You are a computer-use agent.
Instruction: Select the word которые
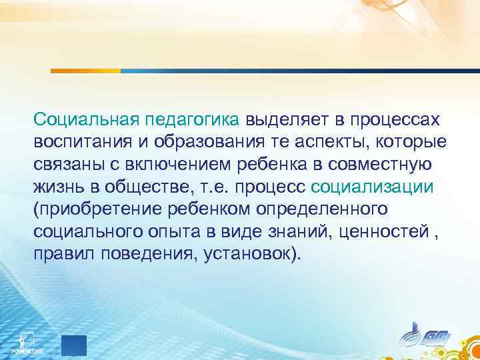[x=410, y=143]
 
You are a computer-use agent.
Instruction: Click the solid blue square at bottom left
[x=73, y=346]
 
